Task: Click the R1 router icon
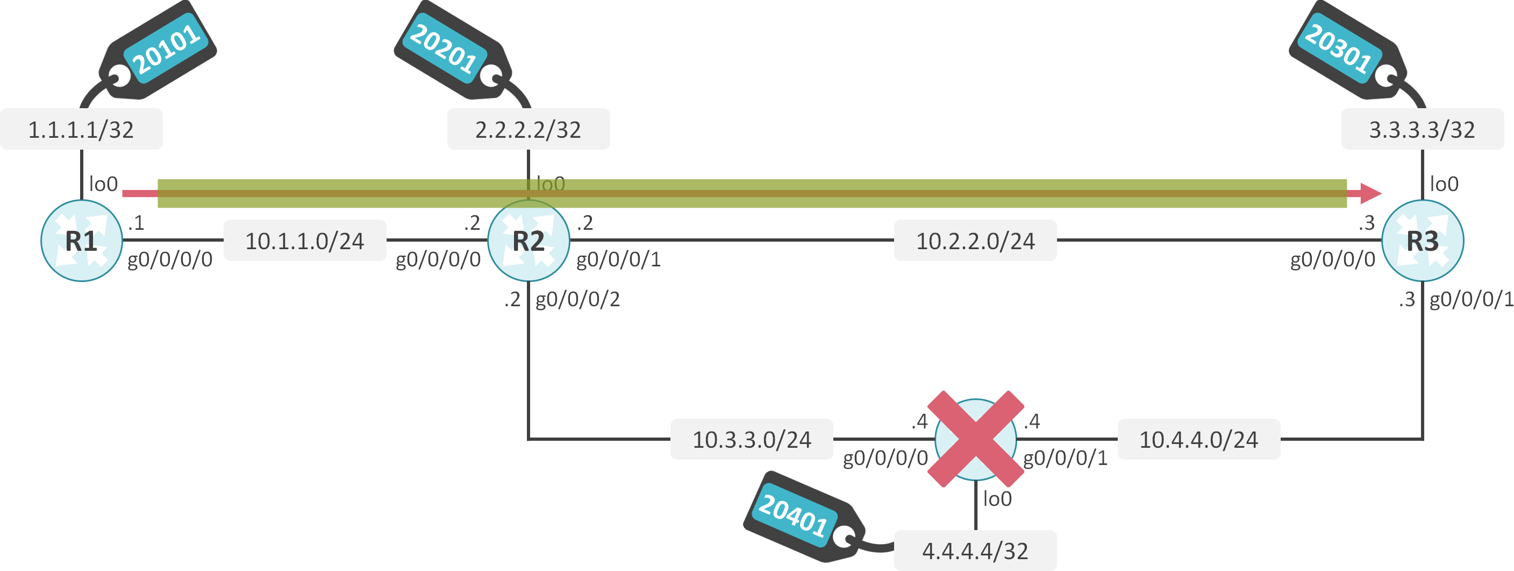81,241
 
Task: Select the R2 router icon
529,241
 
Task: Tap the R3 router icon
1422,241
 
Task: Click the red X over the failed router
976,439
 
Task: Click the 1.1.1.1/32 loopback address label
81,129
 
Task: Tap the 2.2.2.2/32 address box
529,129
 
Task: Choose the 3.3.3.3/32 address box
1422,129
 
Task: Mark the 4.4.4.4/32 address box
975,551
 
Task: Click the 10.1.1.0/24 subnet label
304,241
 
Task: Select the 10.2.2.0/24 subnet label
975,241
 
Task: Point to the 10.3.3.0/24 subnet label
752,439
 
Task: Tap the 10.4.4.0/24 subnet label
1198,439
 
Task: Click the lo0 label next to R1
103,184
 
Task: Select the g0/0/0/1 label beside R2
618,259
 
